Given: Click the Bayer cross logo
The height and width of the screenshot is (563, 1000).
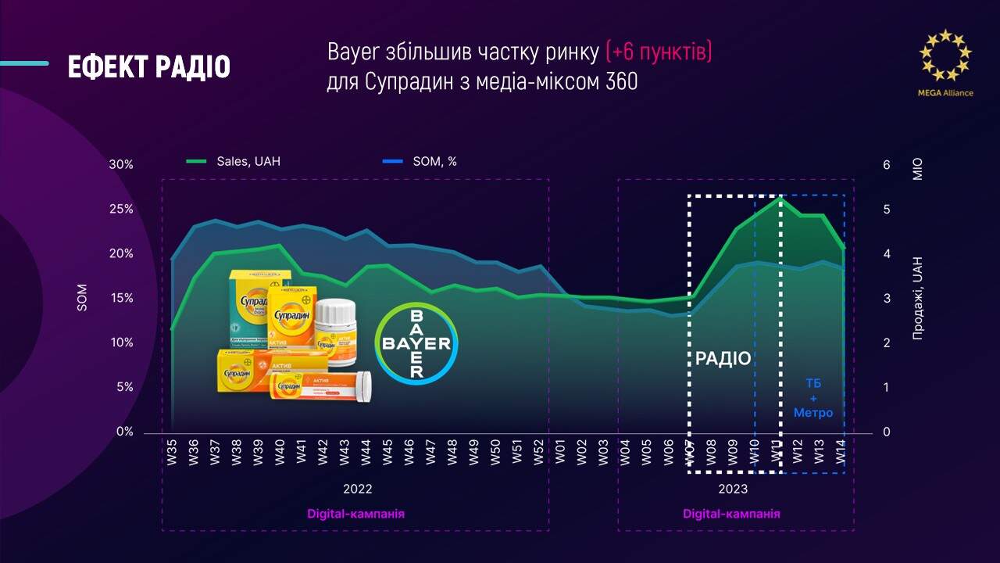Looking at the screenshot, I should pos(417,342).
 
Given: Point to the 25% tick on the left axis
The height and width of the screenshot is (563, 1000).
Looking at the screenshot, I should pos(121,209).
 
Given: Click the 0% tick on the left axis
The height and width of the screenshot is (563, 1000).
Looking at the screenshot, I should pos(124,432).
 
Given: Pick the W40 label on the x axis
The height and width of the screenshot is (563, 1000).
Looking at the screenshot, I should pos(280,454).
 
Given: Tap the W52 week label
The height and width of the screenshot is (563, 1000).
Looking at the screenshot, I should pos(538,454).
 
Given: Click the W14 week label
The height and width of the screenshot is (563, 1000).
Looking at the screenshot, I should pos(841,454).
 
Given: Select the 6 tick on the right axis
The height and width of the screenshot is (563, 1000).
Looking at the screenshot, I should pos(886,165).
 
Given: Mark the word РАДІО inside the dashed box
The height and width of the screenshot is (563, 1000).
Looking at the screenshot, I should pos(723,359).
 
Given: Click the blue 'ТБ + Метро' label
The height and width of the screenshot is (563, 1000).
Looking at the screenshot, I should pos(813,398).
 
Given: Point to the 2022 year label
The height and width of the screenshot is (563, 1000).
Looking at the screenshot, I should pos(357,489).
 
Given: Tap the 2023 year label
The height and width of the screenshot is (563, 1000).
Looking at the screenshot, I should pos(733,489).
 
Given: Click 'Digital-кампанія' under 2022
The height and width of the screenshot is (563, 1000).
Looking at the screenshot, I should pos(355,514).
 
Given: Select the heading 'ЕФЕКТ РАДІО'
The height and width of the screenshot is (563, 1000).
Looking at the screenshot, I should pos(148,68).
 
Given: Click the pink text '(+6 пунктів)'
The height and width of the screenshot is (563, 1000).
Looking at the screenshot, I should pos(659,53).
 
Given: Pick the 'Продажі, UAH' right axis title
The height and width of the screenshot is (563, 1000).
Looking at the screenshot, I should pos(917,298).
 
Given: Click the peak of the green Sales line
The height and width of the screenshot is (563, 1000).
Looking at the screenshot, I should pos(780,198).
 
